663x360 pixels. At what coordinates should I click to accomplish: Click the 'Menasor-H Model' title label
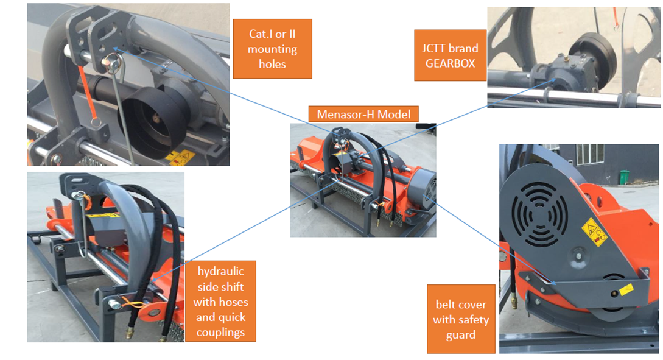coord(363,115)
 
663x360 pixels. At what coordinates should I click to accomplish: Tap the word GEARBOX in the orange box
coord(451,63)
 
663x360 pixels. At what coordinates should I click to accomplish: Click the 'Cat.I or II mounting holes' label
coord(272,49)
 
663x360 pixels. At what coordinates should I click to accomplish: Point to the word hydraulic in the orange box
coord(221,272)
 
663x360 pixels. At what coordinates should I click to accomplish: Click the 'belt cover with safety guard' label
coord(461,319)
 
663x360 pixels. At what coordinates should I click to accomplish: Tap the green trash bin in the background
coord(624,177)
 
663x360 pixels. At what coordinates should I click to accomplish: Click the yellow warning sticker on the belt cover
coord(594,232)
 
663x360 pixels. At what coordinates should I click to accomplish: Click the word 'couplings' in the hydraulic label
coord(221,333)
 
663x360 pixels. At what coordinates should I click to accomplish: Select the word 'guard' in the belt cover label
coord(461,335)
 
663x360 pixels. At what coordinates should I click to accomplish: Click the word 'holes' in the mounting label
coord(272,64)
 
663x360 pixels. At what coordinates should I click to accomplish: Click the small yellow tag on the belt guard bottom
coord(626,289)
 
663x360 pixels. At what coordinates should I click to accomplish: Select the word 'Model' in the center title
coord(394,115)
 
